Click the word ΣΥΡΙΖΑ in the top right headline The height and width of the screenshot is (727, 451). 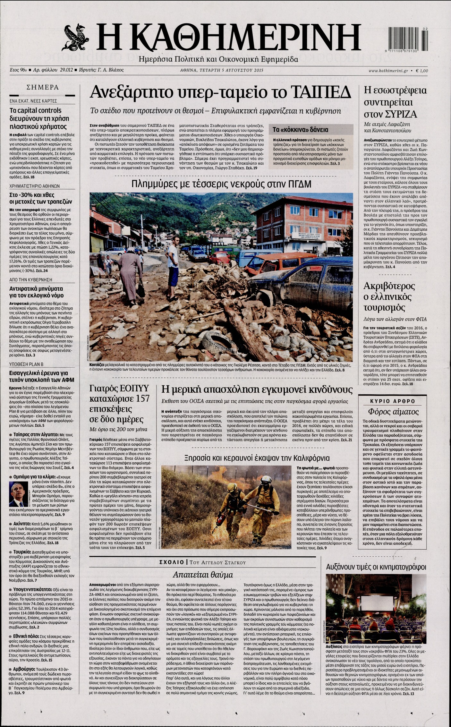[x=405, y=114]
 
